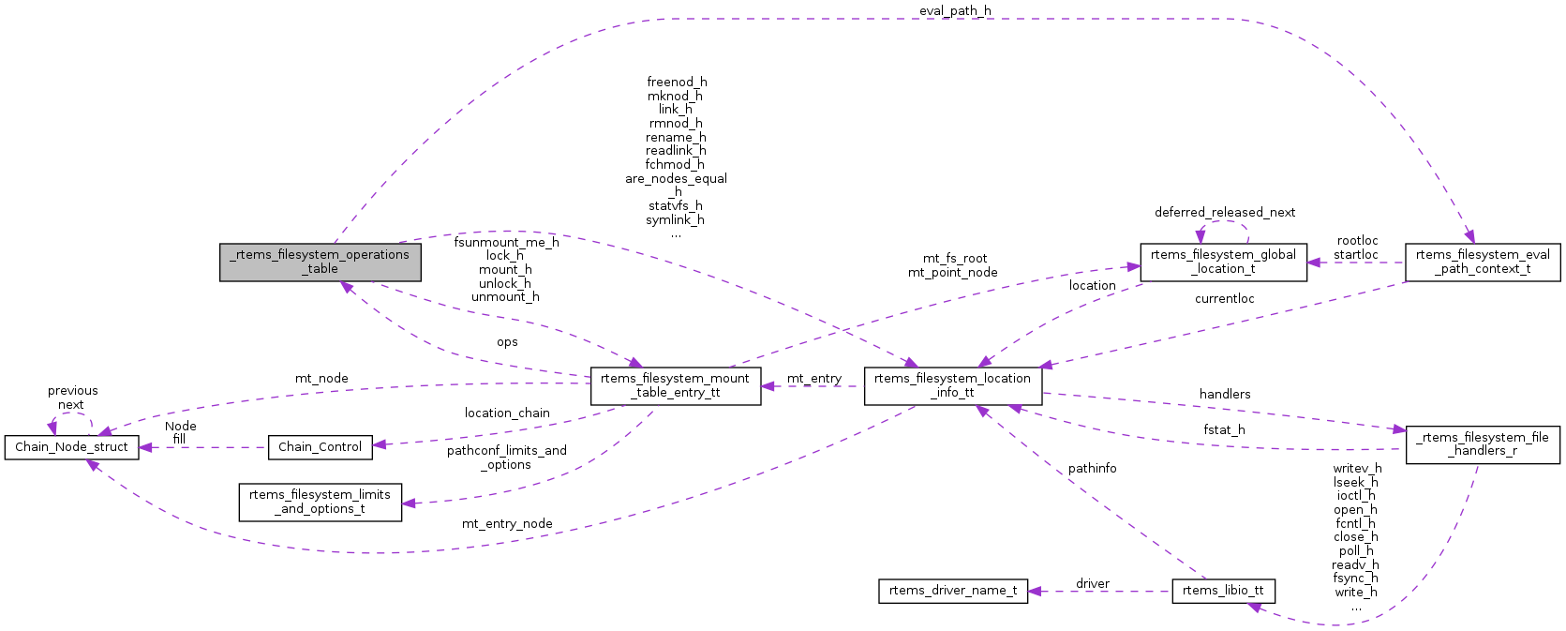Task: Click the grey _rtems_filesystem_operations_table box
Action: pos(321,262)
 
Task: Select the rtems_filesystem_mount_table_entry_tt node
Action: pos(675,385)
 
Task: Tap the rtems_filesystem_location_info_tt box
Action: pos(952,385)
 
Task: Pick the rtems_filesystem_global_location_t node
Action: pos(1223,262)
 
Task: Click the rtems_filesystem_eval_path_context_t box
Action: pos(1483,262)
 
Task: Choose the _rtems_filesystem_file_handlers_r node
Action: pos(1483,444)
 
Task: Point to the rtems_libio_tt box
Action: pos(1223,591)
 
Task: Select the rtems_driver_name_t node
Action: pos(952,591)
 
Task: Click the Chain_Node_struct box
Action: pos(71,447)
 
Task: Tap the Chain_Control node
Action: pos(320,447)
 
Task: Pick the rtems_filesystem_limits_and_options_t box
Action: pos(320,502)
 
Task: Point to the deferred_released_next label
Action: pos(1224,213)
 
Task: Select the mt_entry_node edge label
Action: pos(507,524)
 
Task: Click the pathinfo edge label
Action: pos(1092,469)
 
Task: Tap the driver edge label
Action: pos(1093,584)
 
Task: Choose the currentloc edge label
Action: pos(1224,299)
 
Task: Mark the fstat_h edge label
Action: pos(1224,430)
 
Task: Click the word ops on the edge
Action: pos(507,343)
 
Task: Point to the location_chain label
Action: pos(507,413)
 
